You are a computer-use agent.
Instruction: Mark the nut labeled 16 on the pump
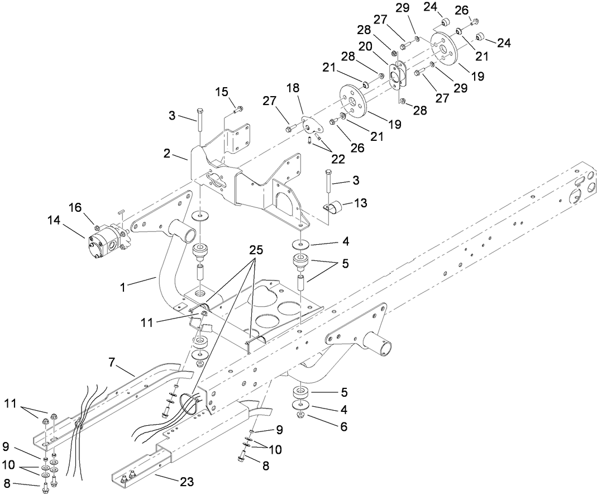pyautogui.click(x=97, y=227)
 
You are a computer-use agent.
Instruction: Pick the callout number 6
pyautogui.click(x=343, y=427)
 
